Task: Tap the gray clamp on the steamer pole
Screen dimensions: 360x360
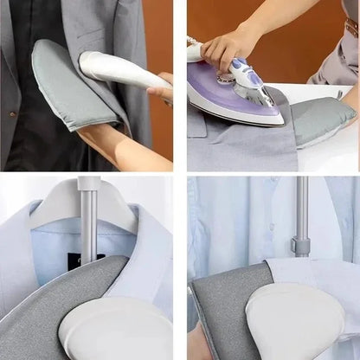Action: [x=299, y=247]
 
